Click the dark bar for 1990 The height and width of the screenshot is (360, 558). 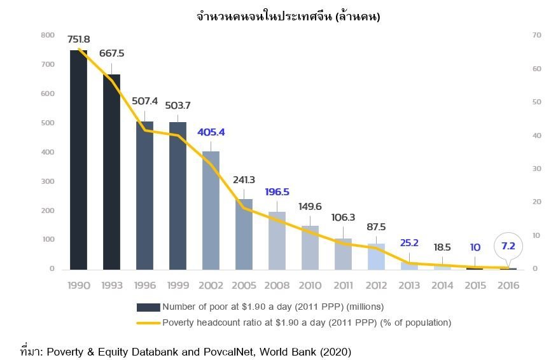click(78, 159)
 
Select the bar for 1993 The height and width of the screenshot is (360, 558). click(111, 172)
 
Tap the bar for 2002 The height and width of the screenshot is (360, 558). click(211, 210)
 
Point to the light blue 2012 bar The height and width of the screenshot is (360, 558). click(376, 256)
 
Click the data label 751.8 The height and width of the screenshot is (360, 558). click(79, 39)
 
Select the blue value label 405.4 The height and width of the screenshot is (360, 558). click(211, 132)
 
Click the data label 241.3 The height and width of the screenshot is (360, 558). click(244, 180)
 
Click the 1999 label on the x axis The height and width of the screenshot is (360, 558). click(178, 286)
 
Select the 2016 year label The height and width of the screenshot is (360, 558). click(507, 286)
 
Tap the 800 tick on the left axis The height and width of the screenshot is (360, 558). click(47, 35)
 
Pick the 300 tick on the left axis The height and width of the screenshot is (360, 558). click(47, 181)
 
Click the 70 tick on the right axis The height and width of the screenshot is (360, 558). click(536, 35)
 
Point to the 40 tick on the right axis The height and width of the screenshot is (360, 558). click(536, 135)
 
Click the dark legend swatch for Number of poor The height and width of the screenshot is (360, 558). click(148, 307)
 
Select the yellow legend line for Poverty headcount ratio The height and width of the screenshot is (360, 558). click(148, 322)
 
